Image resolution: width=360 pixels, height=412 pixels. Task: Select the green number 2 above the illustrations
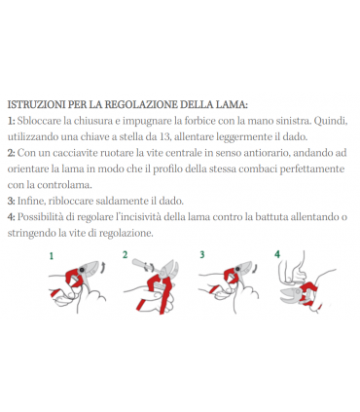126,255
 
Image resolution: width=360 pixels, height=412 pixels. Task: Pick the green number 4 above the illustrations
277,255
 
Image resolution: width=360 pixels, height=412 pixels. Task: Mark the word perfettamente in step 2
305,168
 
